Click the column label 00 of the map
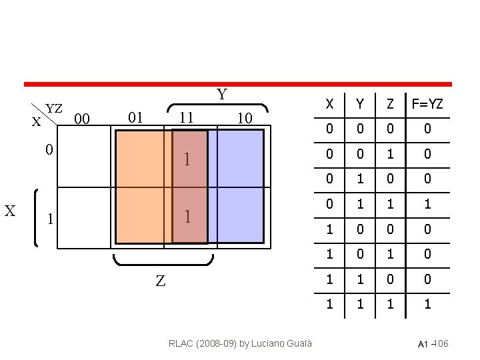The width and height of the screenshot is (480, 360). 82,119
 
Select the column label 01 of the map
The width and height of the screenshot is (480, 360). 135,118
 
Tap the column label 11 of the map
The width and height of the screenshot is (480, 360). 187,118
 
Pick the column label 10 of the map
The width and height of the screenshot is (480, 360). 244,119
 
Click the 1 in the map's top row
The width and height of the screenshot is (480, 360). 188,160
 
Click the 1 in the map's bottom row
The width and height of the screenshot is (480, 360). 188,217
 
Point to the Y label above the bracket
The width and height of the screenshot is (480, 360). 221,95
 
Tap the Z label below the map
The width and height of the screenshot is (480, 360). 160,281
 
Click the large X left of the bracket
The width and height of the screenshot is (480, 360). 10,211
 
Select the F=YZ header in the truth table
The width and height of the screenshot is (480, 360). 427,104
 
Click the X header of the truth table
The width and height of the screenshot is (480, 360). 329,104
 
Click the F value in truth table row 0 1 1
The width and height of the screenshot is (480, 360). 427,204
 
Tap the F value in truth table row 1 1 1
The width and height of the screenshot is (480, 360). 427,305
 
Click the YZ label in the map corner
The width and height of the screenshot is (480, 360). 54,108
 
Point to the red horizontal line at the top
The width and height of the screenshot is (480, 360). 238,85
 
